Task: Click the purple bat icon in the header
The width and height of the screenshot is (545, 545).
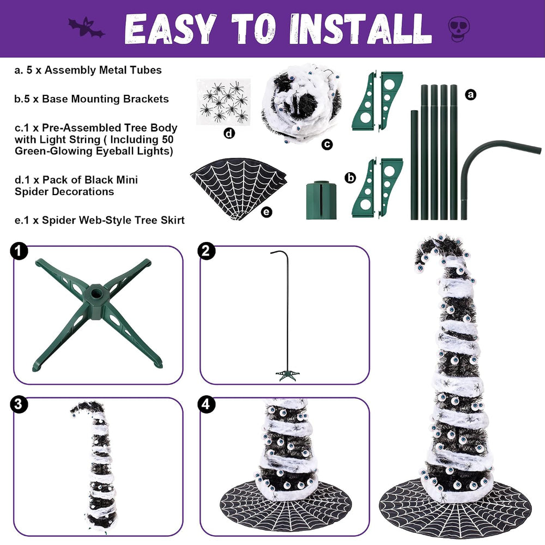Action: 86,28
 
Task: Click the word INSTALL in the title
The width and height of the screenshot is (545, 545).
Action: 360,29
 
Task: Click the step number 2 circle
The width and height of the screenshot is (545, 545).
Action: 206,251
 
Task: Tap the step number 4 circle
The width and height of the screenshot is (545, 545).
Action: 206,404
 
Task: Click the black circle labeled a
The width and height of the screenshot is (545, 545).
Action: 471,94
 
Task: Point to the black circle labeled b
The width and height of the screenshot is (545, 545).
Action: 350,178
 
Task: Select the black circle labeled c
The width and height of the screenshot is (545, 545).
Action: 327,144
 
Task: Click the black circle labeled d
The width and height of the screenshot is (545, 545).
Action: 229,133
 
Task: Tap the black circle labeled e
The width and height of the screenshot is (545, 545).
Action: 267,211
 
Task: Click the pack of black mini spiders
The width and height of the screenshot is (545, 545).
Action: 223,101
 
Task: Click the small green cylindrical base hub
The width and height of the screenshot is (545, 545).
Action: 322,200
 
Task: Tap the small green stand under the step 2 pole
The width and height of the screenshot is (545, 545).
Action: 287,375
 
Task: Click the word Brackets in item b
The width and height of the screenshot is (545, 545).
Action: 146,99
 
